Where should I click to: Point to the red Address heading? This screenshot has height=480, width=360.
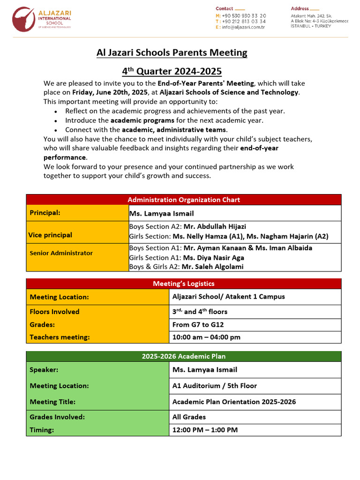pos(300,8)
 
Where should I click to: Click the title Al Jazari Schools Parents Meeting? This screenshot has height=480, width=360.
pos(172,52)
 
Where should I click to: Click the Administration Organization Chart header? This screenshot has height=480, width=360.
pos(184,200)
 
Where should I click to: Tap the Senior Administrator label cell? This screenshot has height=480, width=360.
pos(61,253)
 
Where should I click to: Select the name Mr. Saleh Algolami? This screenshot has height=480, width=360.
pos(213,267)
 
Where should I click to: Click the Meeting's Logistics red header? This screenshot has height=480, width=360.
pos(184,284)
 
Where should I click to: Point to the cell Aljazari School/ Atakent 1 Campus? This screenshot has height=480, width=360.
pos(228,296)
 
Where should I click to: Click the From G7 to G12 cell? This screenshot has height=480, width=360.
pos(198,324)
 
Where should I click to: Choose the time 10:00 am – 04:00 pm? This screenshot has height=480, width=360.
pos(206,337)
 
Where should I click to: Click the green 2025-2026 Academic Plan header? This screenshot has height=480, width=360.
pos(184,356)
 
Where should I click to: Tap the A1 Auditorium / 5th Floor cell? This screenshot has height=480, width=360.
pos(214,386)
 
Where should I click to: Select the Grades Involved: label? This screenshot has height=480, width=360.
pos(57,417)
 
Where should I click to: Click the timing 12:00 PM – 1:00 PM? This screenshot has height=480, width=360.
pos(205,430)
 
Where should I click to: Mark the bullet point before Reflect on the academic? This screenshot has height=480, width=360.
pos(56,112)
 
